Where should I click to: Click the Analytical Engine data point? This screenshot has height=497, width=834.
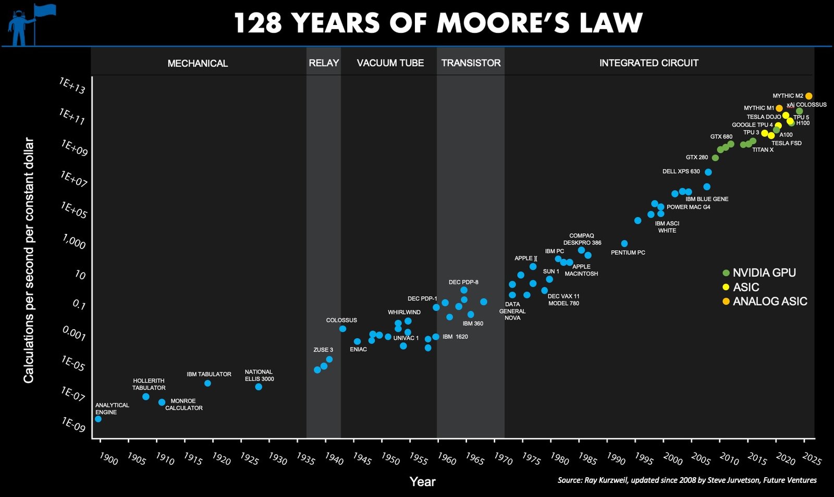tap(98, 419)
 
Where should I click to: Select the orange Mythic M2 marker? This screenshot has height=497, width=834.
tap(808, 96)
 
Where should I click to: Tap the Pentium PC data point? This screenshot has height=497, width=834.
tap(624, 243)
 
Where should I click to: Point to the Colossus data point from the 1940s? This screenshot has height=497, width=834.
tap(342, 329)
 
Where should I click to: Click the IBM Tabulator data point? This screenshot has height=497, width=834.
tap(207, 383)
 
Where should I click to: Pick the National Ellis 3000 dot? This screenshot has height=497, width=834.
tap(259, 387)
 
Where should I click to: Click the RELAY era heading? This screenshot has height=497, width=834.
tap(324, 63)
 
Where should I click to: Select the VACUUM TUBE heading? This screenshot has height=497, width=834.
tap(390, 63)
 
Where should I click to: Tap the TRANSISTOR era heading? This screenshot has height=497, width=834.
tap(471, 63)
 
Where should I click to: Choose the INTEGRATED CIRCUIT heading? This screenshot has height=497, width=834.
tap(648, 63)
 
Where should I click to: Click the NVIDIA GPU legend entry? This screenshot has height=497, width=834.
tap(764, 273)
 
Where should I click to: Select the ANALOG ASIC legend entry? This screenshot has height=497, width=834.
tap(769, 302)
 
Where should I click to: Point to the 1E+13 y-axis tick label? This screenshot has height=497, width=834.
tap(72, 86)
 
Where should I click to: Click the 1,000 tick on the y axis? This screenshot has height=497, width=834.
tap(74, 242)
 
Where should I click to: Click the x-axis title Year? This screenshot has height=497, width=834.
tap(422, 482)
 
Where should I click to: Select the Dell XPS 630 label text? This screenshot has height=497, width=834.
tap(681, 171)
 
